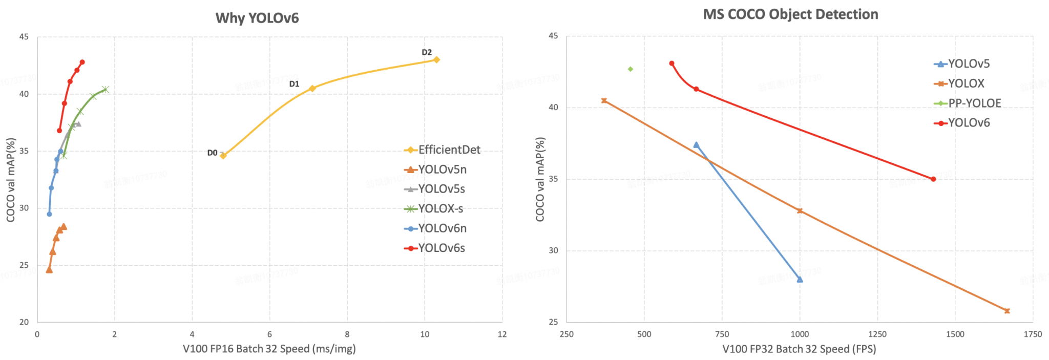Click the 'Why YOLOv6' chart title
(257, 18)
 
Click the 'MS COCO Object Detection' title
(790, 14)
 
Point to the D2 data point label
(427, 52)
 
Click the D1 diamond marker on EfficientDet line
(312, 88)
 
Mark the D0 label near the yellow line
(212, 153)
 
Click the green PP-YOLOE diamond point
(631, 69)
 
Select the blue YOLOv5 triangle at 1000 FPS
(800, 279)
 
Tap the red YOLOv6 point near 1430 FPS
(933, 179)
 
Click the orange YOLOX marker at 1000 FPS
(800, 211)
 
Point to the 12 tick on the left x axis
(502, 334)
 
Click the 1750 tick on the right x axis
(1033, 334)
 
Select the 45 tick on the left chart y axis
(24, 37)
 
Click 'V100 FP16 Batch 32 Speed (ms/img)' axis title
(269, 349)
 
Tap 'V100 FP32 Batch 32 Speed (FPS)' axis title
(799, 349)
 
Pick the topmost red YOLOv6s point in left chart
(82, 62)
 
